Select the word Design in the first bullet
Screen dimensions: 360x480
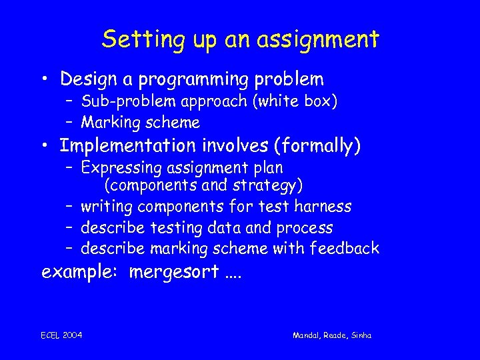click(89, 79)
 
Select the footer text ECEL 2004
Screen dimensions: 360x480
click(61, 335)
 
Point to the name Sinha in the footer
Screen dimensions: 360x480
click(361, 335)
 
